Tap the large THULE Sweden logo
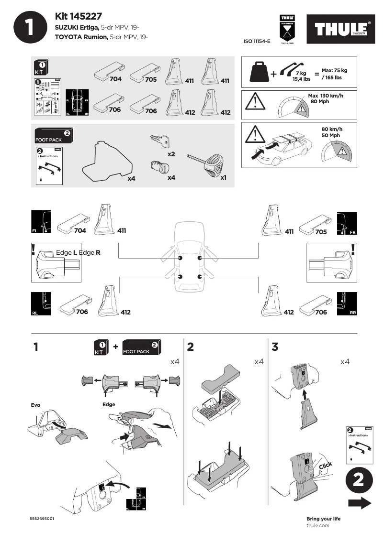tap(341, 30)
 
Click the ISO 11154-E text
tap(257, 42)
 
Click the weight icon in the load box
tap(260, 72)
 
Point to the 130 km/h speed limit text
tap(326, 96)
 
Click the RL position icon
tap(40, 303)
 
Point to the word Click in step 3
tap(325, 466)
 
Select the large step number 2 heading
tap(191, 347)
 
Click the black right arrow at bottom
tap(360, 503)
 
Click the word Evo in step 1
tap(35, 405)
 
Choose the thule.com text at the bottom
tap(317, 525)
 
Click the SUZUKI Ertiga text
tap(77, 28)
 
